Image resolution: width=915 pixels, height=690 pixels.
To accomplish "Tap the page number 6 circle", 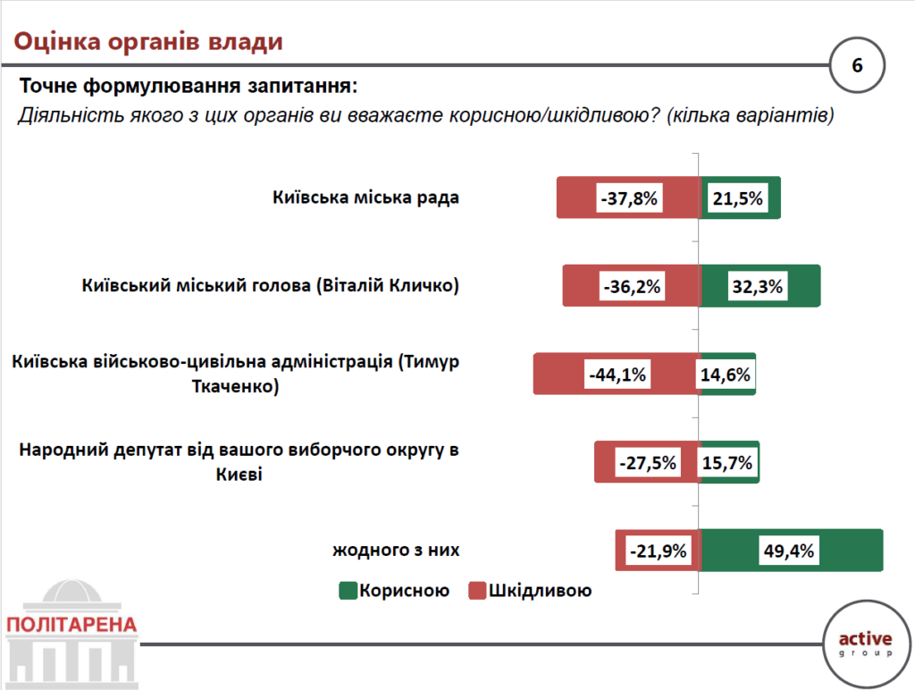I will (x=857, y=66).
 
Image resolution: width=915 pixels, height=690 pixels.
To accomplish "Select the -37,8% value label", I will (x=629, y=198).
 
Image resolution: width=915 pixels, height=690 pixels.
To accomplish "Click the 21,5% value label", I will (x=738, y=198).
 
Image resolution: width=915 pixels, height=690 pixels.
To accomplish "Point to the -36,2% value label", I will (x=632, y=287).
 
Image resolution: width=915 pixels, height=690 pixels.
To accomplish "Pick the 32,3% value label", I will (x=757, y=287).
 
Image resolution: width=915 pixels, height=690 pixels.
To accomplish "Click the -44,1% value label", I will (x=617, y=374).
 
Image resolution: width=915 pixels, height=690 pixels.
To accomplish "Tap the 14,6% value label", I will (x=726, y=374).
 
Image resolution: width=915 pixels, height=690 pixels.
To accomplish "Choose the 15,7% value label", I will (x=728, y=463).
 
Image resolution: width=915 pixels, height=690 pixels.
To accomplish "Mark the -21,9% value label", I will (x=657, y=551).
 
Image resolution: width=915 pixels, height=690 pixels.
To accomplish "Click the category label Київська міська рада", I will (x=366, y=198).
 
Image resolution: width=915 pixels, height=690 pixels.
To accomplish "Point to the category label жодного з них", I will (x=398, y=550).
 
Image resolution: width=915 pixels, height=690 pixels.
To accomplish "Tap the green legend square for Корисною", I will (x=348, y=590).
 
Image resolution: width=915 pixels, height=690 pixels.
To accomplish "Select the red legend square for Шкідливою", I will (x=476, y=590).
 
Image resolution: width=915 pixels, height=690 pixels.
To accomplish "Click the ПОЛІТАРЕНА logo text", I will (x=71, y=624).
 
